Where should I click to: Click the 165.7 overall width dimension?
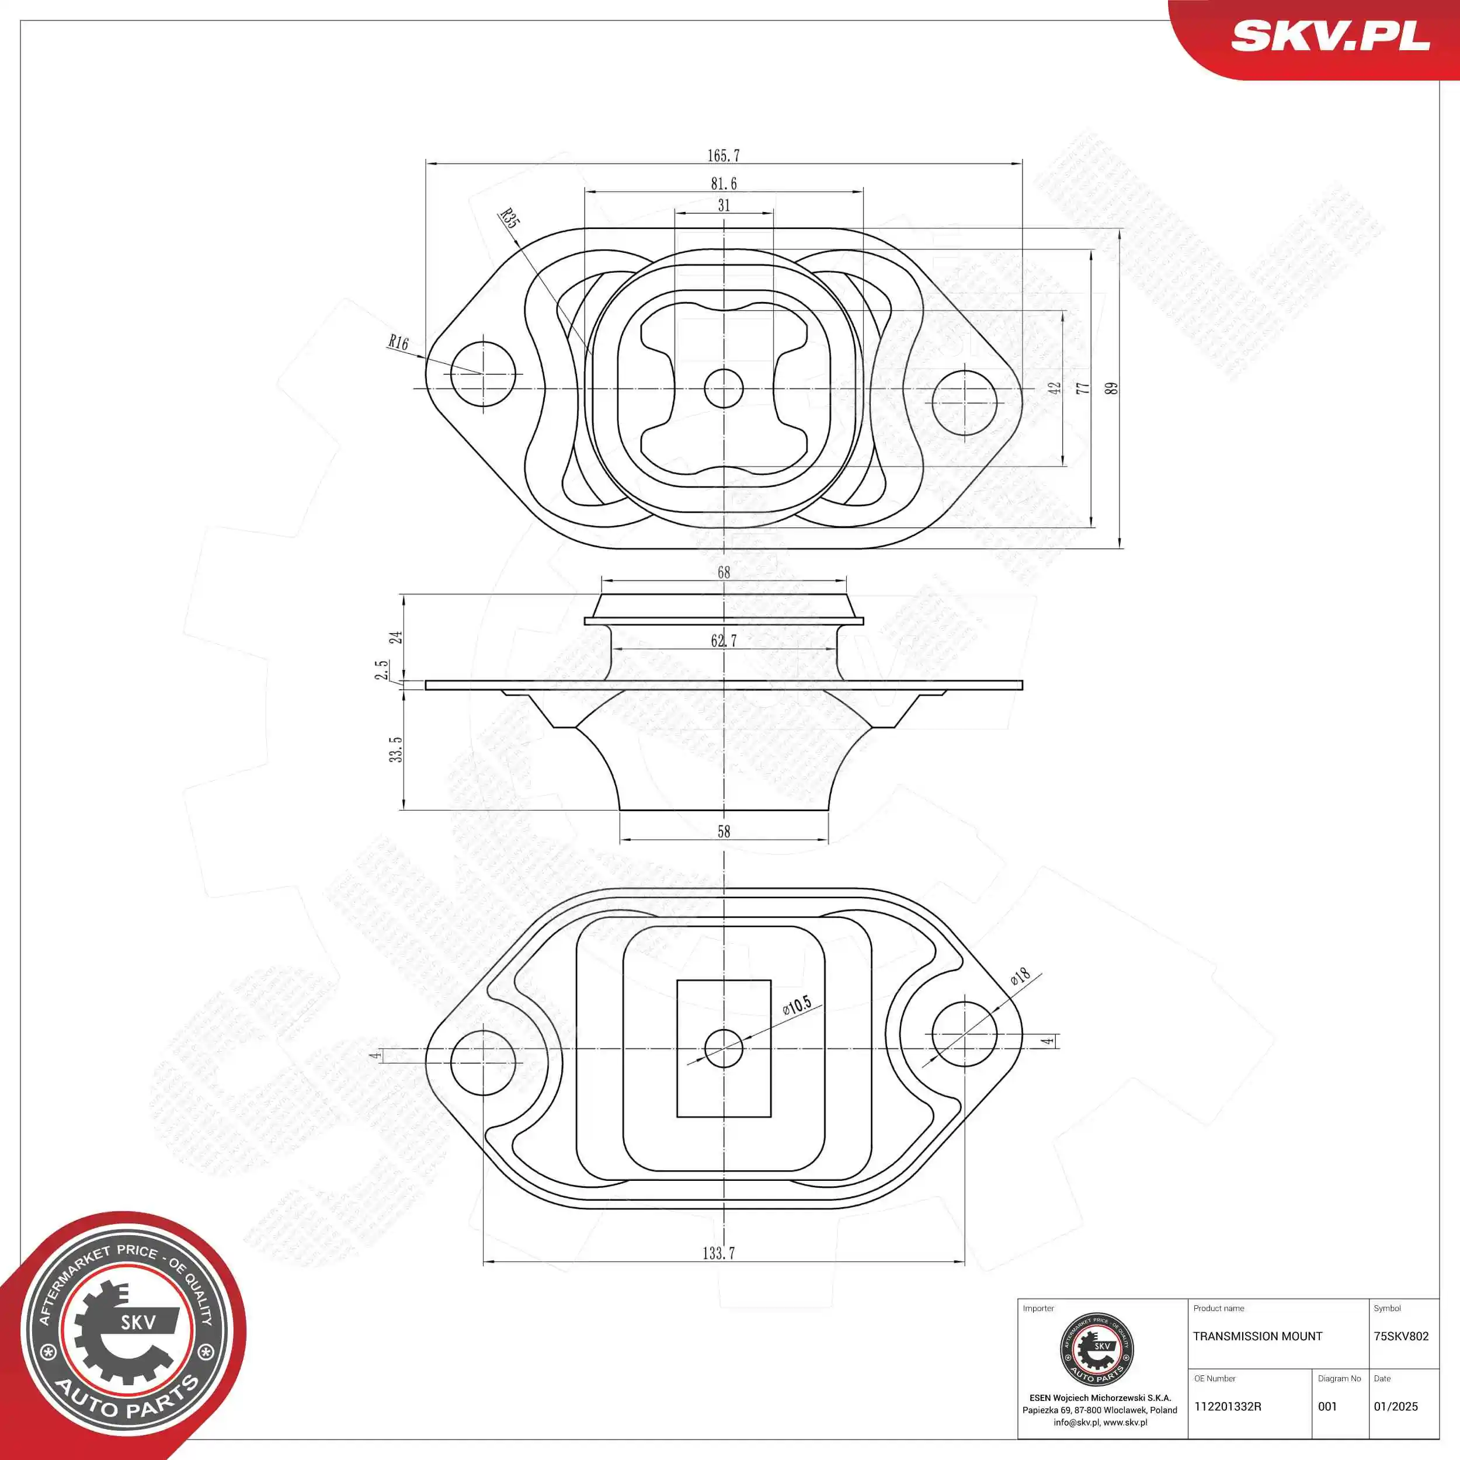click(723, 156)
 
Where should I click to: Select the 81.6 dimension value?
click(723, 183)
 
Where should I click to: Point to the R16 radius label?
click(398, 342)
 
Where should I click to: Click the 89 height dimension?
click(1110, 388)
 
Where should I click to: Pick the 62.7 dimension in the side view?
click(723, 641)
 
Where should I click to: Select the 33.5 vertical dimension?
click(396, 750)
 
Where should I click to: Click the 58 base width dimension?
click(723, 831)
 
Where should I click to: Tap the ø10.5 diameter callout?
click(797, 1005)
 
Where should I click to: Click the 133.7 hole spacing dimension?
click(719, 1253)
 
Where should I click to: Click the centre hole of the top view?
click(723, 388)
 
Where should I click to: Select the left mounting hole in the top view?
click(482, 373)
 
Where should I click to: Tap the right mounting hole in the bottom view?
click(964, 1034)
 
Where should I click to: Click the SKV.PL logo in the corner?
click(1330, 36)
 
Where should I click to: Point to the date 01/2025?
click(1396, 1406)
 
